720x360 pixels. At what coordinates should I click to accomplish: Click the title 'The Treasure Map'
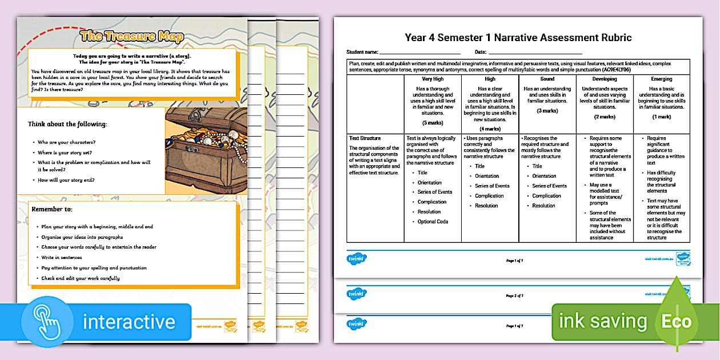[131, 37]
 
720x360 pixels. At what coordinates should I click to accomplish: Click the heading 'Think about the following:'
[67, 124]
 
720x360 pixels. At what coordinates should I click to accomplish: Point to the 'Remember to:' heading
[52, 210]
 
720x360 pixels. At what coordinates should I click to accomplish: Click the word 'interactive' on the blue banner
[129, 322]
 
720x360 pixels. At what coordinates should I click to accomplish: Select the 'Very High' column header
[433, 79]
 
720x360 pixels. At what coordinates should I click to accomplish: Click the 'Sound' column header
[547, 79]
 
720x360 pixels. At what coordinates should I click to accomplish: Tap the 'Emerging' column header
[661, 79]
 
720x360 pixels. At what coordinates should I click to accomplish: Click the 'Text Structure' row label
[365, 138]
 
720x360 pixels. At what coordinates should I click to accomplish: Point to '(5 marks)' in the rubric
[433, 123]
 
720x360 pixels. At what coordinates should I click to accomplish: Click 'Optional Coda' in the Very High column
[433, 222]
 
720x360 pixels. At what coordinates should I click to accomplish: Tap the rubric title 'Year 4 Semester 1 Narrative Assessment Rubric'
[518, 38]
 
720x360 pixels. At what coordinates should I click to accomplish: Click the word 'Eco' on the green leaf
[676, 321]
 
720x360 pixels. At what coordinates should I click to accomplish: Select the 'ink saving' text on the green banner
[603, 322]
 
